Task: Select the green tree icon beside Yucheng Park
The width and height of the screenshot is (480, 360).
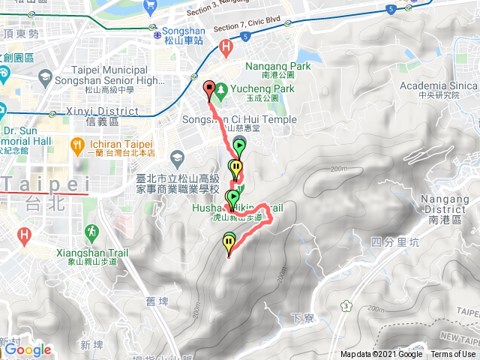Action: pos(221,88)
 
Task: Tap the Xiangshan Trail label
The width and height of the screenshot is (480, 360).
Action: pos(86,252)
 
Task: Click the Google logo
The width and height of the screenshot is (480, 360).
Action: pos(27,349)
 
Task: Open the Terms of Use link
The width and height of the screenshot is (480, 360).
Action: pos(453,355)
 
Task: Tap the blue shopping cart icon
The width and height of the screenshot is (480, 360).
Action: pos(150,5)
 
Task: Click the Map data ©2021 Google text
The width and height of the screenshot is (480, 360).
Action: pos(381,355)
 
